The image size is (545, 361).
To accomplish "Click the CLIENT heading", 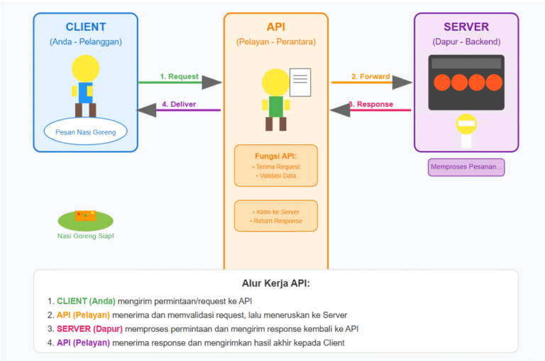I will [x=85, y=27].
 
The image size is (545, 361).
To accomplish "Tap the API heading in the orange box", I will [x=276, y=27].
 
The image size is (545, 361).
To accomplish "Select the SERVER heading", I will [x=466, y=27].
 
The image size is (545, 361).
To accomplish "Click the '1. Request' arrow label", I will [x=179, y=77].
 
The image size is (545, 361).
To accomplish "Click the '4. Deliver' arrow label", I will [x=179, y=104].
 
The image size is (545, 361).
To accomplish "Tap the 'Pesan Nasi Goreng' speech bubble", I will [x=85, y=131].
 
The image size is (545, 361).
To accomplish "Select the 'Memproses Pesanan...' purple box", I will [x=466, y=168].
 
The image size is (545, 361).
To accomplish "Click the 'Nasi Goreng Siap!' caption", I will [x=85, y=236].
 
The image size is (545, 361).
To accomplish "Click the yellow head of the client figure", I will [x=85, y=69].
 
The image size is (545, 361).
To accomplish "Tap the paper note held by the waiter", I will [x=299, y=82].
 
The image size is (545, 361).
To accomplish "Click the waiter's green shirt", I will [x=276, y=106].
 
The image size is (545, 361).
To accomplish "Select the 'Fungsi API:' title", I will [x=276, y=156].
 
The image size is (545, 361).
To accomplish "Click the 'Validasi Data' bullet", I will [x=276, y=176].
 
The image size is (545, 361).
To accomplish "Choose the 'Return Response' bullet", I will [x=276, y=221].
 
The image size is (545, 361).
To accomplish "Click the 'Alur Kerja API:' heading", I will [x=276, y=283].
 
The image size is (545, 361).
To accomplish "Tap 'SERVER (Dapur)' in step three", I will [x=89, y=329].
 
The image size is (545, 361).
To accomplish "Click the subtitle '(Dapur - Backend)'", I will [x=466, y=42].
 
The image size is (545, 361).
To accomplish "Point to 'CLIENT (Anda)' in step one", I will [x=87, y=301].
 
